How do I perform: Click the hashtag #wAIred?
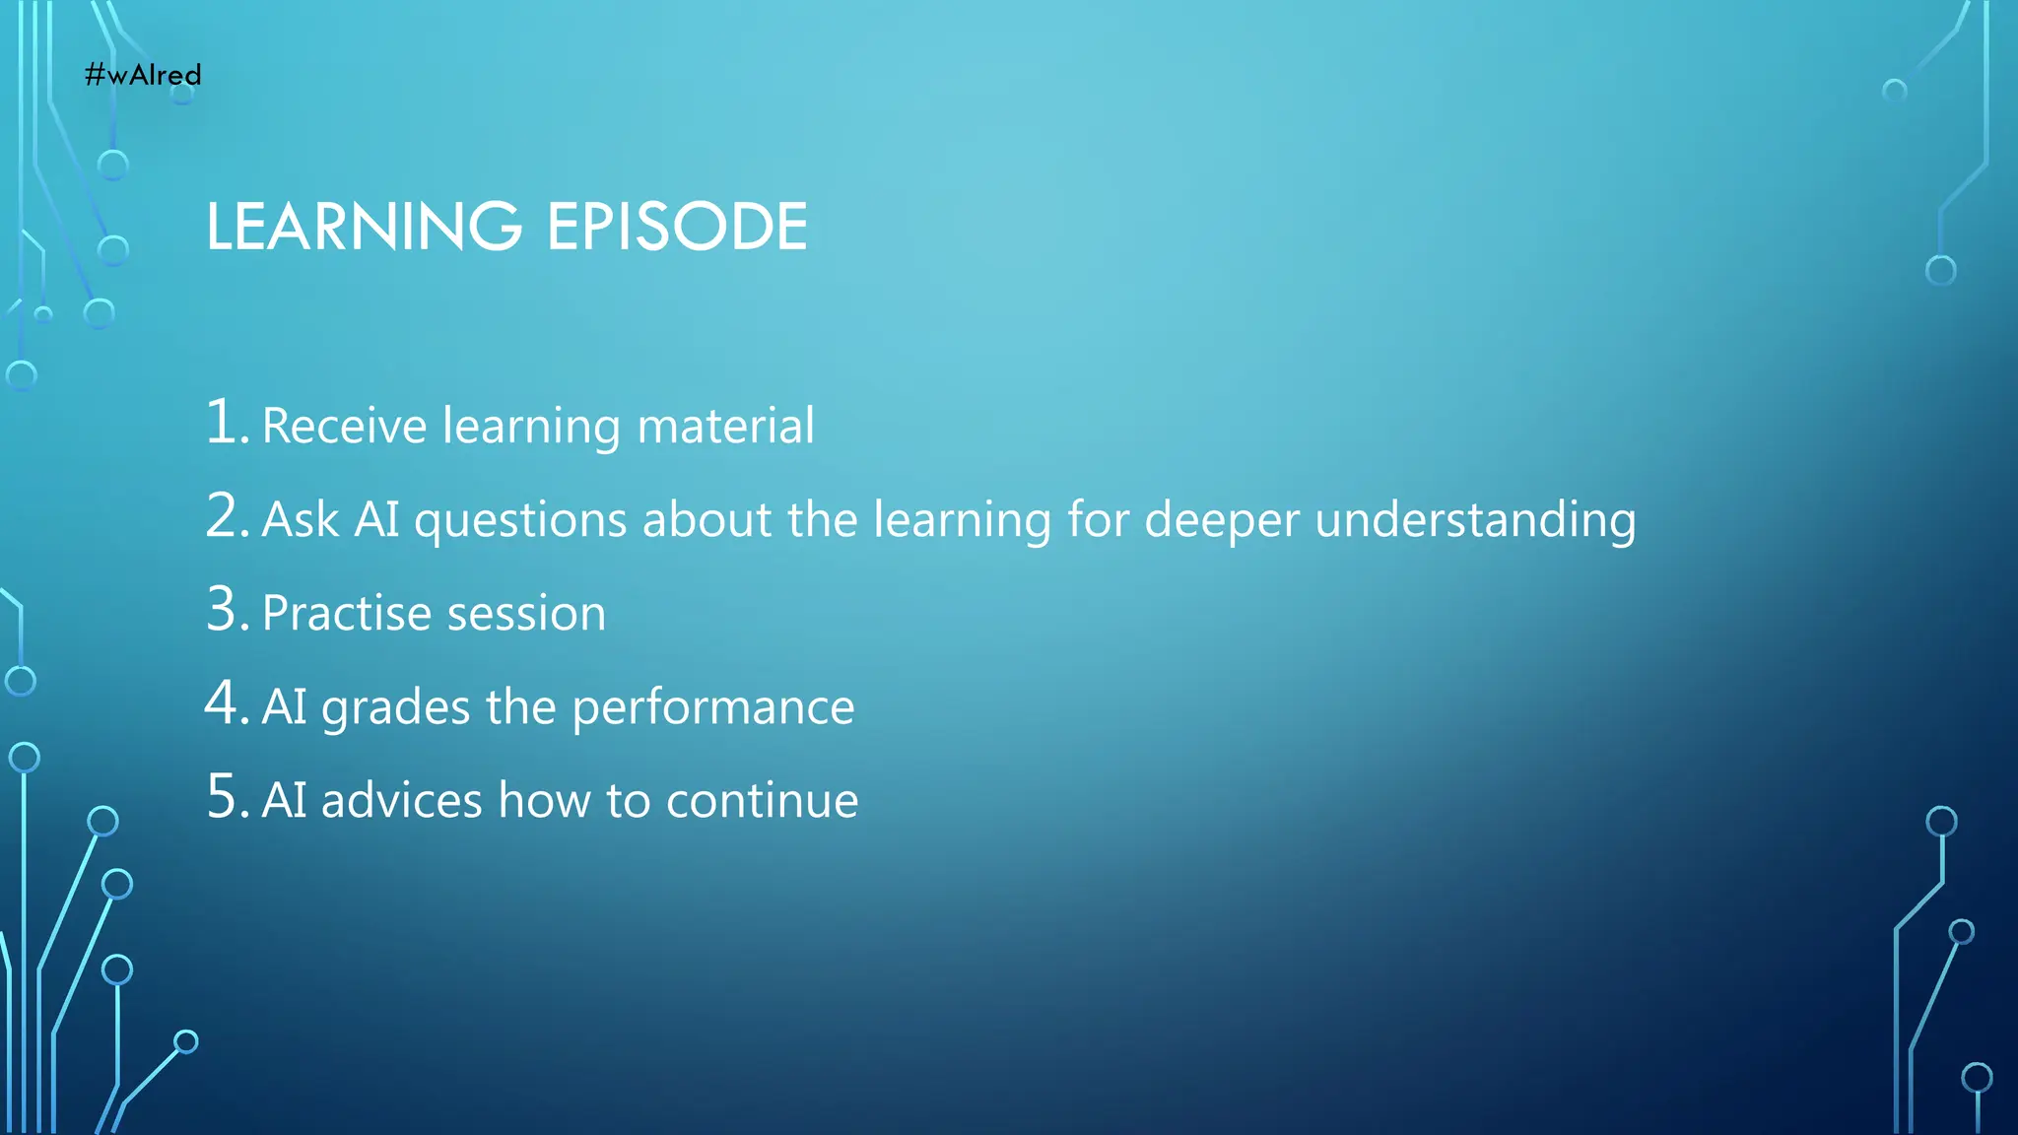[x=143, y=75]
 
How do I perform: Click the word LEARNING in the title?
[x=364, y=227]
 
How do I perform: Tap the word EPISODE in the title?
[x=677, y=227]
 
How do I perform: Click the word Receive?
[x=345, y=426]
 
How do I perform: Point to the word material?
[x=725, y=426]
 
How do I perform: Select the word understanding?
[x=1475, y=520]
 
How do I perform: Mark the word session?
[x=526, y=614]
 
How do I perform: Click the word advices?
[x=401, y=800]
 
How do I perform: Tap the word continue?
[x=762, y=800]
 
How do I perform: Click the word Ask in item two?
[x=301, y=519]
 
